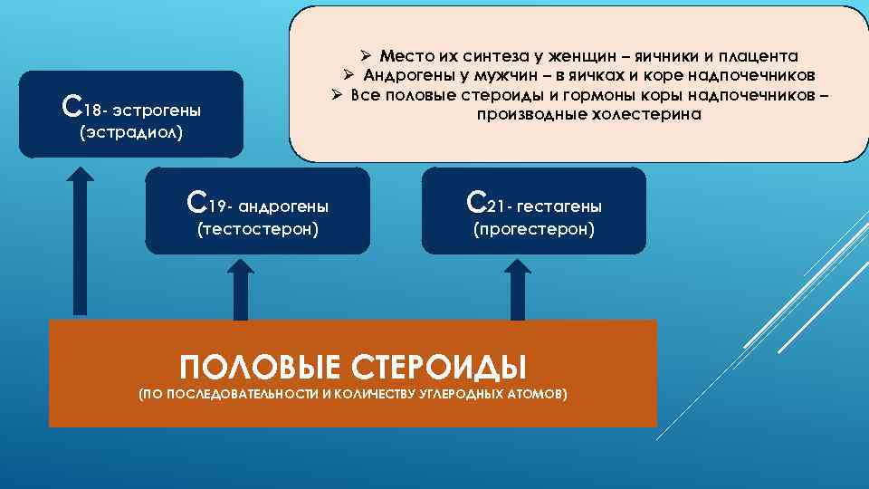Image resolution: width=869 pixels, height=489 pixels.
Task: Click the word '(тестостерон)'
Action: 258,230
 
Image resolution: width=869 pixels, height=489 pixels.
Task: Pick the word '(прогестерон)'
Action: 534,230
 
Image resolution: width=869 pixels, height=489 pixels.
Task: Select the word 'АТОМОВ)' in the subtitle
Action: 535,395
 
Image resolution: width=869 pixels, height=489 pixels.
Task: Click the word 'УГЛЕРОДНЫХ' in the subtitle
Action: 453,395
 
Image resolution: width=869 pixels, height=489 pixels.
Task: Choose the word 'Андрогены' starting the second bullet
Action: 408,75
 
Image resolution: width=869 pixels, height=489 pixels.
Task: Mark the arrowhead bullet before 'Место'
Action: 365,55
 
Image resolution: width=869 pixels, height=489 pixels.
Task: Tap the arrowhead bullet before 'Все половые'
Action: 334,95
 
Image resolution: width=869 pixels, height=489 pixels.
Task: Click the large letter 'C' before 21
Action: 479,203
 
